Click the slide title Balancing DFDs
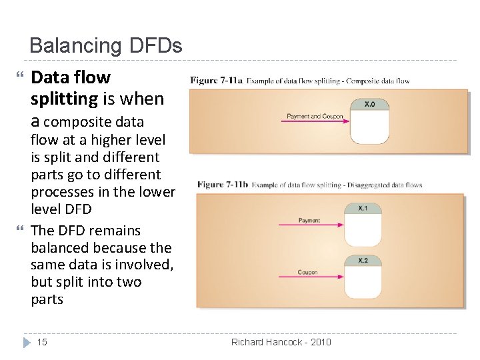click(x=105, y=46)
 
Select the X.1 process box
click(x=363, y=225)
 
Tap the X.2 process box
click(x=363, y=276)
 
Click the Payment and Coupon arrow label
click(x=315, y=117)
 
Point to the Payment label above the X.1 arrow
click(x=309, y=221)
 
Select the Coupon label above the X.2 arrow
click(x=307, y=272)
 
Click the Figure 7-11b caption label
click(x=222, y=185)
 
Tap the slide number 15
click(x=42, y=342)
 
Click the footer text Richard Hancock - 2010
click(x=281, y=342)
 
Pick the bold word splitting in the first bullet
click(x=64, y=99)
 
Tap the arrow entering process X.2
click(x=310, y=278)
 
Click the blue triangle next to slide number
click(x=27, y=342)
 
